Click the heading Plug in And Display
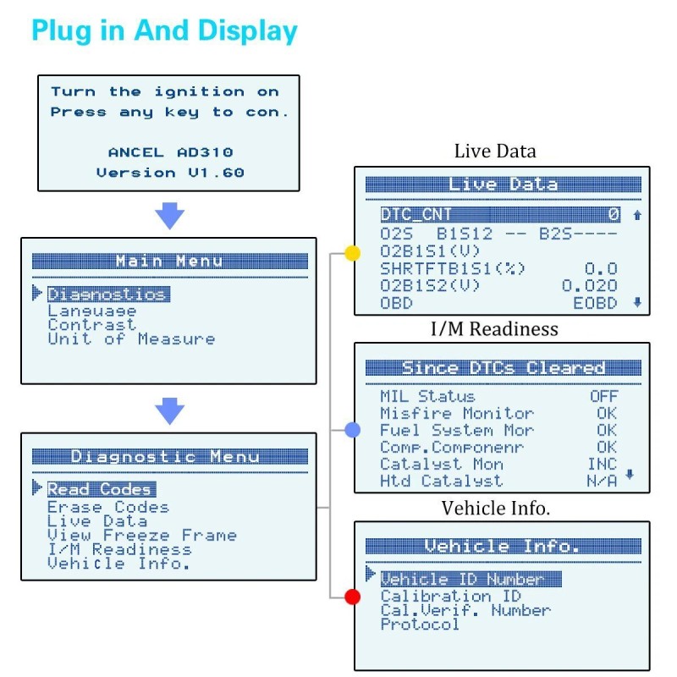(x=164, y=31)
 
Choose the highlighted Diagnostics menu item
(x=107, y=294)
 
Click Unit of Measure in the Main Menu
(x=131, y=339)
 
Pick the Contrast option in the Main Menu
(x=91, y=325)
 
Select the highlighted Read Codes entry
(x=101, y=489)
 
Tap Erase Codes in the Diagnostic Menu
(x=107, y=507)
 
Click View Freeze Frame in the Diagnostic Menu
(x=141, y=536)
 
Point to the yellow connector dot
(x=353, y=253)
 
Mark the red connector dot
(x=353, y=597)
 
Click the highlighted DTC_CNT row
(x=499, y=215)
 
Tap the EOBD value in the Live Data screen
(x=595, y=303)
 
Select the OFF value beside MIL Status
(x=603, y=396)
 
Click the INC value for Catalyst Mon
(x=603, y=464)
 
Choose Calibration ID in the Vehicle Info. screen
(x=450, y=596)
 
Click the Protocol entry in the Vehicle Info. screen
(x=420, y=625)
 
